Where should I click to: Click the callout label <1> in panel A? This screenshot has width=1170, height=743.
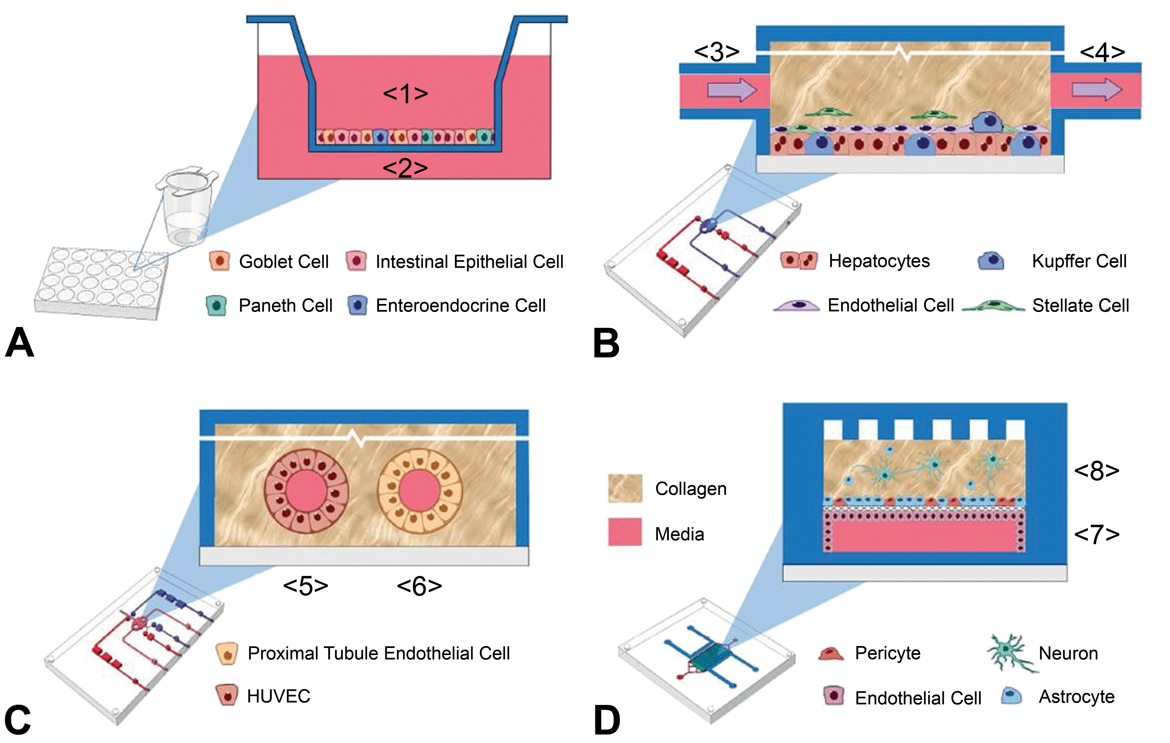coord(405,93)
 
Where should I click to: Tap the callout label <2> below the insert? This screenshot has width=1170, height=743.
coord(405,168)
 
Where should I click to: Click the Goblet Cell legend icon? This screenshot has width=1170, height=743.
coord(219,261)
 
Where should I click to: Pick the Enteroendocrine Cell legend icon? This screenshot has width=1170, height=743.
coord(358,305)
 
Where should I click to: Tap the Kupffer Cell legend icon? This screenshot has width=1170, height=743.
coord(991,261)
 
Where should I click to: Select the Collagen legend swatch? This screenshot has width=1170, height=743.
coord(625,488)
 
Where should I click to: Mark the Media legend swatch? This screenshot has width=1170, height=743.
coord(625,532)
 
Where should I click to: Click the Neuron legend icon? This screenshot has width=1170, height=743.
coord(1011,653)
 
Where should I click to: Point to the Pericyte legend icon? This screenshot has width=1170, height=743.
coord(831,653)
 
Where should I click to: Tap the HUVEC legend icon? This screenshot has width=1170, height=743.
coord(227,695)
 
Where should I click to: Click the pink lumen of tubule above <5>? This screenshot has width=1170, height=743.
coord(306,491)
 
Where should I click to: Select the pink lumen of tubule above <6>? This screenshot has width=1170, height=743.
coord(420,491)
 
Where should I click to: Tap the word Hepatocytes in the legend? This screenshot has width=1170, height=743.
coord(879,261)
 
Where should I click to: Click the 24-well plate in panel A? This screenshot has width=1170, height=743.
coord(102,282)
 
